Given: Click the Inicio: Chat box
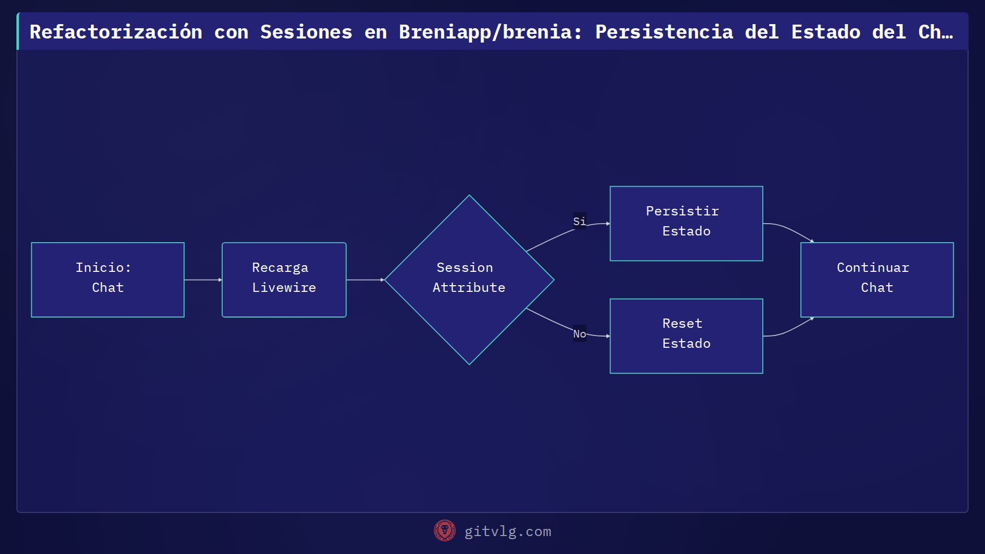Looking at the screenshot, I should [108, 280].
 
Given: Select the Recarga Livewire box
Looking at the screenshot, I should [284, 280].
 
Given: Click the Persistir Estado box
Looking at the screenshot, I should [686, 223].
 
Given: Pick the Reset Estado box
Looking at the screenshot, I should [686, 335].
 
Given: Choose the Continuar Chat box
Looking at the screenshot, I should [877, 280].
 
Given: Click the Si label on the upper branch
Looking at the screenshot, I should [579, 221].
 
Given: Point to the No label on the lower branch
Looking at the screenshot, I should [579, 333].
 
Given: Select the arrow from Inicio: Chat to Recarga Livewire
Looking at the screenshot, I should [203, 280].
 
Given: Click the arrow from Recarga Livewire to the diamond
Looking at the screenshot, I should [365, 280].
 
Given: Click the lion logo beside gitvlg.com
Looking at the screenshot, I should [444, 530].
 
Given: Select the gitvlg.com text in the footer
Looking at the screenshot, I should [507, 531].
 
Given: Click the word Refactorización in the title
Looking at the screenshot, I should [116, 32].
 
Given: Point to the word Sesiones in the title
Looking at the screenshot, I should [306, 32].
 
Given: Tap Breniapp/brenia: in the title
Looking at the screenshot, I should [490, 32].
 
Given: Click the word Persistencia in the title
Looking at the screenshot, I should [664, 32].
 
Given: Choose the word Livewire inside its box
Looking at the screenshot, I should [284, 288].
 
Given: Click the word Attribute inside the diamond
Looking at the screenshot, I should [469, 288].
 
